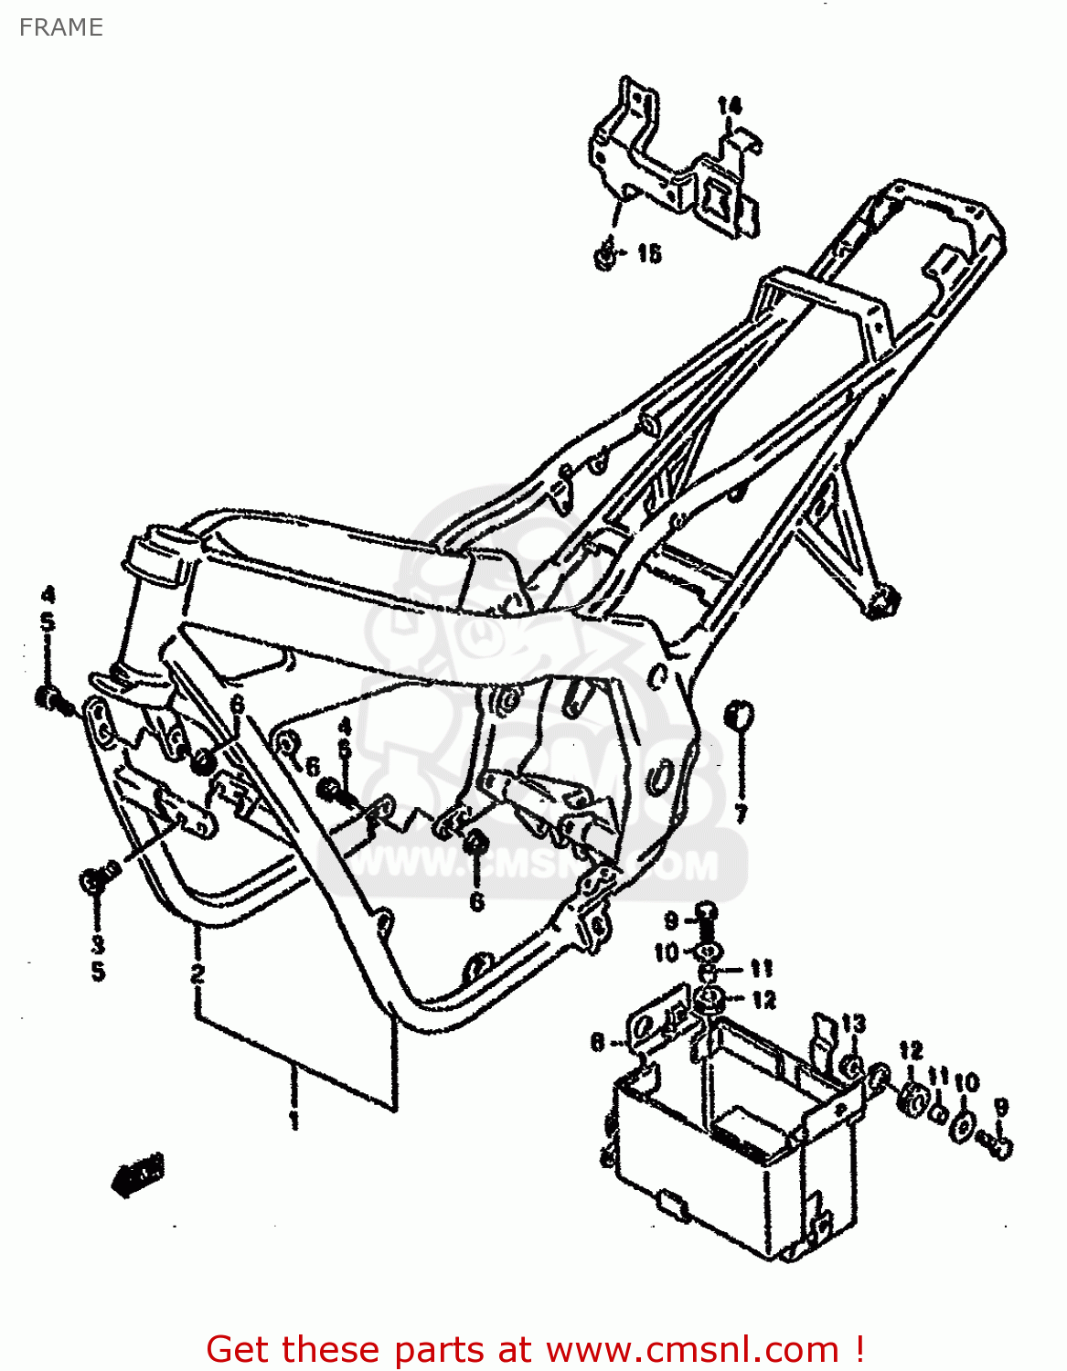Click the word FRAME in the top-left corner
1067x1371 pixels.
60,27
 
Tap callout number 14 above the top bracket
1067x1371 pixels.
730,106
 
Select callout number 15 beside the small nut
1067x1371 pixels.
649,253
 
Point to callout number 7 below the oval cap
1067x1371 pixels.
741,813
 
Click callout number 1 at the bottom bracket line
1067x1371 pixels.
294,1120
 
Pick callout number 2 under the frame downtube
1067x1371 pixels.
197,973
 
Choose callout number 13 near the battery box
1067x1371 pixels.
853,1023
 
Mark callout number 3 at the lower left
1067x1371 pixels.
98,944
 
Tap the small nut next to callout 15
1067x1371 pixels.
605,255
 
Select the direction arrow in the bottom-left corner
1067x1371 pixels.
137,1174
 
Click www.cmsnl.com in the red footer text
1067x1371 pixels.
692,1350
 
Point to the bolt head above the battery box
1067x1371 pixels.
707,911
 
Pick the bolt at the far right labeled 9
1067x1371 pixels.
997,1142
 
